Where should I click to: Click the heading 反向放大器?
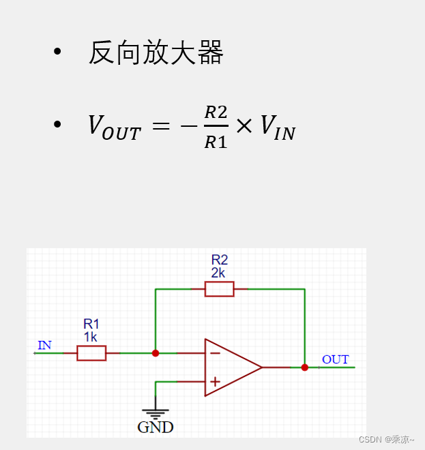coord(156,53)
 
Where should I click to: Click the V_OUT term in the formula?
coord(114,127)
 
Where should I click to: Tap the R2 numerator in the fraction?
coord(216,112)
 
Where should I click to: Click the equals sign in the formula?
coord(160,126)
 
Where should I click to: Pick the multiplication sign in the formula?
coord(244,126)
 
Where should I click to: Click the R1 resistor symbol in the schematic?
coord(91,353)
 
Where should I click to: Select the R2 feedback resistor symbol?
coord(219,289)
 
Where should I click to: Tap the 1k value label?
coord(91,337)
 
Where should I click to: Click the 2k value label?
coord(219,273)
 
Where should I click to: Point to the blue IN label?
coord(44,345)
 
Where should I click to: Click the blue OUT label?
coord(335,359)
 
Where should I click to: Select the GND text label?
coord(156,427)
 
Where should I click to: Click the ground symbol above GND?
coord(156,413)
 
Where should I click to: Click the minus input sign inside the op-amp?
coord(215,353)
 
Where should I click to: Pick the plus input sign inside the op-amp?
coord(215,382)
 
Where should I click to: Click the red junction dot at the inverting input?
coord(156,353)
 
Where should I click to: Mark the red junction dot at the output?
coord(305,367)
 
